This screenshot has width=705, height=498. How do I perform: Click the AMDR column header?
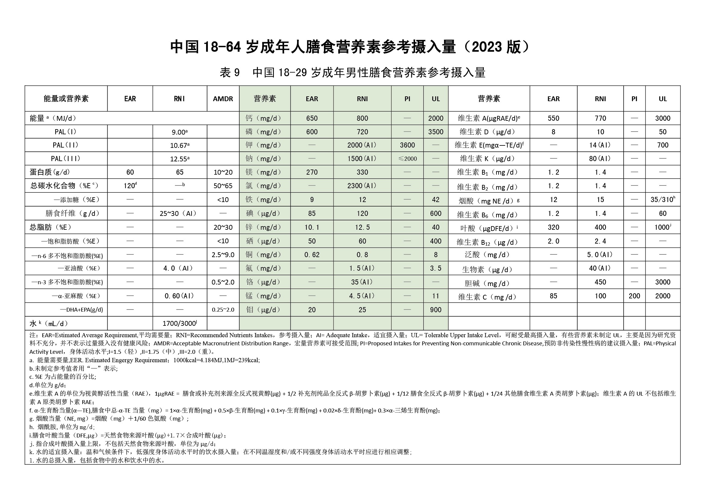click(223, 99)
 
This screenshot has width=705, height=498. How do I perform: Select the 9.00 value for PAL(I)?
click(179, 132)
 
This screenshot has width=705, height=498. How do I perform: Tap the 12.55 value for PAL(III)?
click(179, 159)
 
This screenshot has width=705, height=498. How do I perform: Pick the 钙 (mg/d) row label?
click(263, 118)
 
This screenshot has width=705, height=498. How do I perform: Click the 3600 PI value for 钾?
click(407, 145)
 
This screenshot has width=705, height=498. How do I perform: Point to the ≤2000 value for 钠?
click(407, 159)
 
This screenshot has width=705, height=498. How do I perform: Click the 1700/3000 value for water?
click(180, 323)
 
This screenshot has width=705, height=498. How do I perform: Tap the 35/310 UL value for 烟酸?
click(663, 200)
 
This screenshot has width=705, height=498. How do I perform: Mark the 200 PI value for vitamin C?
click(634, 296)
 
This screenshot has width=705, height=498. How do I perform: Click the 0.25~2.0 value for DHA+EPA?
click(223, 310)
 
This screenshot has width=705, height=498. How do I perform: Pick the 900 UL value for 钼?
click(435, 310)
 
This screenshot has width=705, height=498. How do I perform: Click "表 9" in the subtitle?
click(229, 73)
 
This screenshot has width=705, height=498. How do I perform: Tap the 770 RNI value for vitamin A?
click(600, 118)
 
